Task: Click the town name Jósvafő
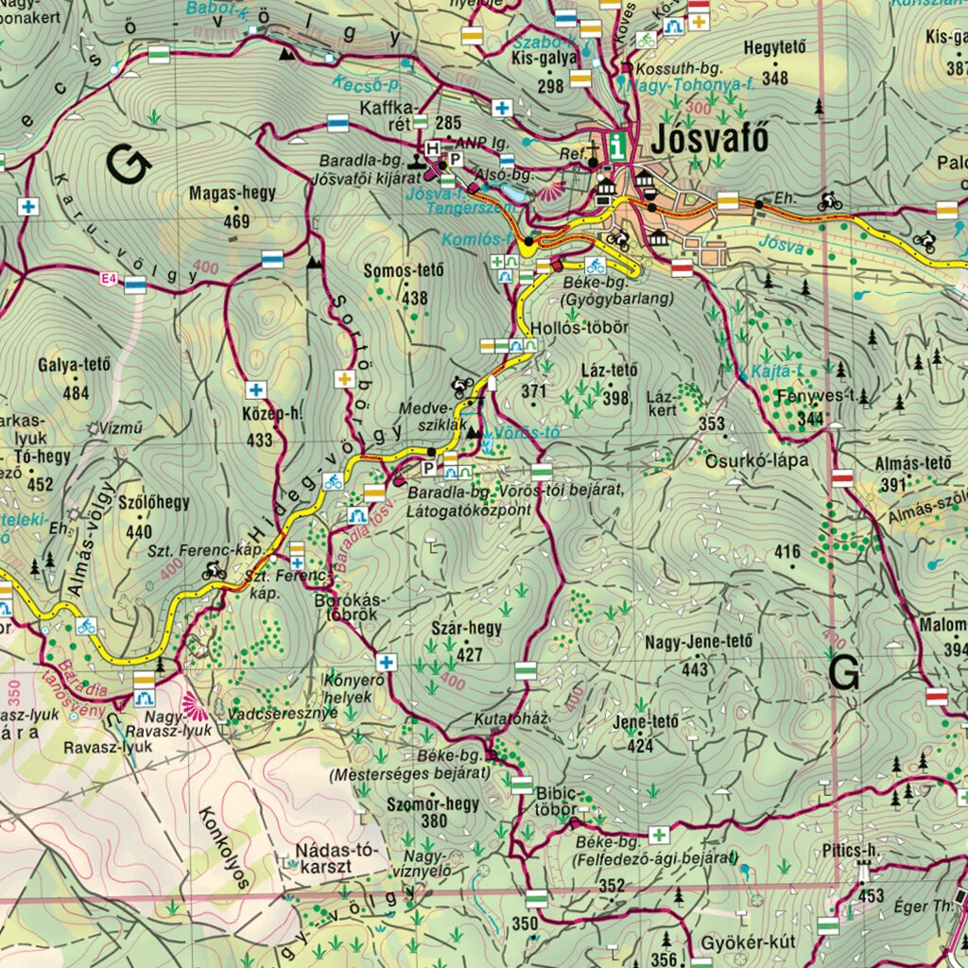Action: (x=709, y=141)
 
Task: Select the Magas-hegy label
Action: (x=233, y=193)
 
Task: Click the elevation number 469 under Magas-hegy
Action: (x=236, y=221)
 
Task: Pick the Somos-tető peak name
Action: (x=403, y=271)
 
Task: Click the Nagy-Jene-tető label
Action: (x=700, y=643)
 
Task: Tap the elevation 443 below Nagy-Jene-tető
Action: (x=694, y=669)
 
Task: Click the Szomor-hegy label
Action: (x=433, y=804)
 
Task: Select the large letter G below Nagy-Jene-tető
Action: (x=844, y=672)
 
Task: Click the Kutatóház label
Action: (x=510, y=718)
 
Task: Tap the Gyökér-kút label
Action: (x=748, y=943)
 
